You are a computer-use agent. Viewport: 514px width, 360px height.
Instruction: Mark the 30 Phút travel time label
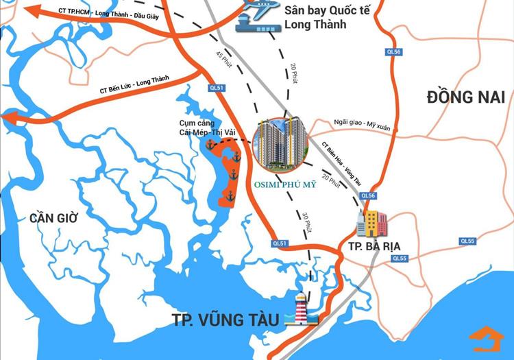point(306,220)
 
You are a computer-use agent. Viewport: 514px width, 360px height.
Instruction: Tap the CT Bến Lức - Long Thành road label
point(134,86)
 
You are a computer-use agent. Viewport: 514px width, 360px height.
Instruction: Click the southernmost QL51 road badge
point(280,243)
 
